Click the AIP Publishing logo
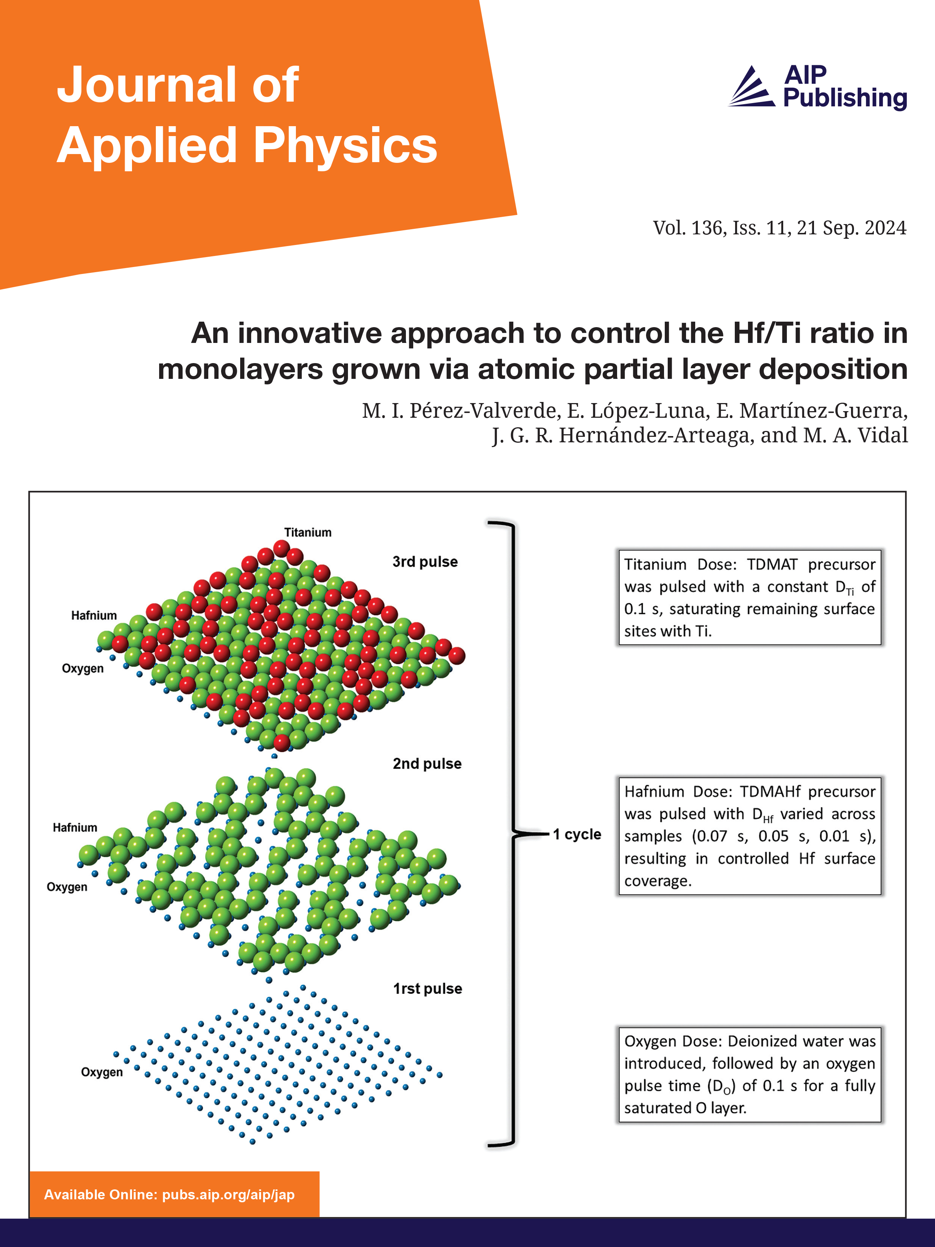click(817, 87)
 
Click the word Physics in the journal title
click(345, 146)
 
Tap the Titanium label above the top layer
click(307, 532)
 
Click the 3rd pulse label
click(425, 562)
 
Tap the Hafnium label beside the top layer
click(93, 615)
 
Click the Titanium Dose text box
click(749, 597)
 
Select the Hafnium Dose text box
click(749, 835)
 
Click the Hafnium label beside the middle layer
click(75, 827)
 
